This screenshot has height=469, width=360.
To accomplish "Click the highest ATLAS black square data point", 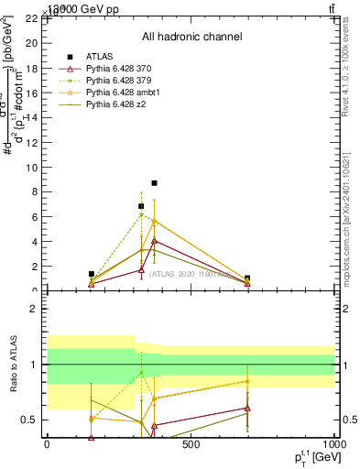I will pos(154,183).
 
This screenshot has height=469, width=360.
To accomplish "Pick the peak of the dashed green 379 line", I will pos(141,213).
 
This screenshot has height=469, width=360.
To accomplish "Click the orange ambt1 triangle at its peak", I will pos(154,221).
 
